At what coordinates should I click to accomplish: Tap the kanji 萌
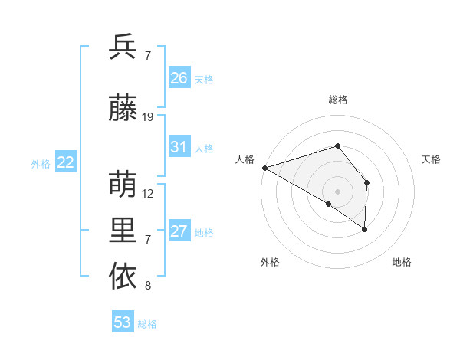[123, 185]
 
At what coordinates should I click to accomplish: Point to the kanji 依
[123, 276]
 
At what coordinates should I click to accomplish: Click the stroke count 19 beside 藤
[149, 117]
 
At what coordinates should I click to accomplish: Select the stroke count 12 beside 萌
[149, 194]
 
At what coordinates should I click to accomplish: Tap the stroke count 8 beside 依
[148, 286]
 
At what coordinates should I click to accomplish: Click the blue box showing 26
[179, 77]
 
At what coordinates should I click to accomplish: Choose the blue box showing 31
[179, 147]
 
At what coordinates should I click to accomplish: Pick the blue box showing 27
[179, 231]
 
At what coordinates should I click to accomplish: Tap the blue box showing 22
[66, 162]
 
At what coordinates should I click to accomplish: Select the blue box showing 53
[123, 322]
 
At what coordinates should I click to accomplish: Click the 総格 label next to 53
[147, 324]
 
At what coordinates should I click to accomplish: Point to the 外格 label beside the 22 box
[41, 163]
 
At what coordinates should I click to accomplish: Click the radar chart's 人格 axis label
[245, 159]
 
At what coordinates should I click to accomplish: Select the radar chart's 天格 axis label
[431, 159]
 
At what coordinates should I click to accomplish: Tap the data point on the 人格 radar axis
[264, 167]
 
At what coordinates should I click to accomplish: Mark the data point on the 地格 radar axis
[365, 228]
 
